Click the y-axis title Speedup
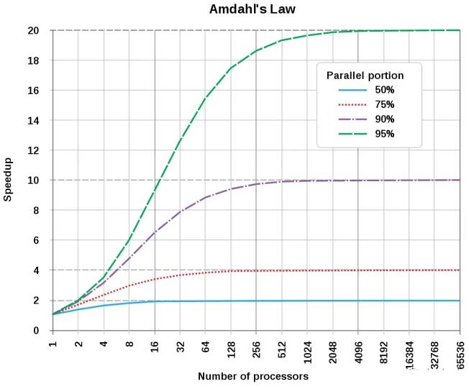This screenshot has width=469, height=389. (9, 180)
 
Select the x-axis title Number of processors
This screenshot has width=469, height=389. (253, 376)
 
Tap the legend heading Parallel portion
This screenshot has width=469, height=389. (365, 75)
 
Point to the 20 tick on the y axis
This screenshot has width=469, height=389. (34, 30)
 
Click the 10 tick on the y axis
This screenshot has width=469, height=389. (34, 180)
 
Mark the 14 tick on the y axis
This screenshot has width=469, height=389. (34, 120)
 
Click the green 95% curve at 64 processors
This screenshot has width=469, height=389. (206, 98)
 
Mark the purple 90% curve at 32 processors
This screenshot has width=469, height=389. (181, 211)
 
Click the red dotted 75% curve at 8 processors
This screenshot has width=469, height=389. (129, 285)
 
